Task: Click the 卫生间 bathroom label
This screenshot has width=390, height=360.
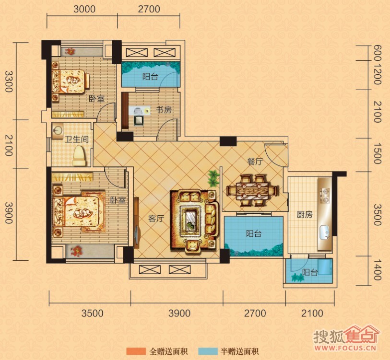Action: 77,139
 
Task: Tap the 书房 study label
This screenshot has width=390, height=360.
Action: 164,110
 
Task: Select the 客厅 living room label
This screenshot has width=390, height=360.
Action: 156,219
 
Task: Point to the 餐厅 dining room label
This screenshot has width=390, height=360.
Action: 255,162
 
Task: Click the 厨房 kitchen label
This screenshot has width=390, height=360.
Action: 305,214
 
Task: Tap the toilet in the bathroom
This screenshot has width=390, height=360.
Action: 79,156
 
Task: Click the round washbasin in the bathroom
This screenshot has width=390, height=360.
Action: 58,130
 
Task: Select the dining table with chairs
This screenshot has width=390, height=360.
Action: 252,191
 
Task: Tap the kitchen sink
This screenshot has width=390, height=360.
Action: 325,232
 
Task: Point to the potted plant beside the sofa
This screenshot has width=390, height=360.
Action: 213,178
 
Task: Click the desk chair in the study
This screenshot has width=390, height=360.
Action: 139,120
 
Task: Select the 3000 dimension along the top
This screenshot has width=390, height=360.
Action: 84,9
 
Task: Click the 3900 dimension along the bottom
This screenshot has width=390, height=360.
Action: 179,313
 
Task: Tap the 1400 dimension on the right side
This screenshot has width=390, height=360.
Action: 378,270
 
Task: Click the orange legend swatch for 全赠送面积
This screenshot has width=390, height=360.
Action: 136,351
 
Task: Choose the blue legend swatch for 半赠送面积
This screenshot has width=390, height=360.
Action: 208,351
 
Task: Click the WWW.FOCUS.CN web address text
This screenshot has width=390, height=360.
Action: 345,348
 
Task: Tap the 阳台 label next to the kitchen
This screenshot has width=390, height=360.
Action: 310,272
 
